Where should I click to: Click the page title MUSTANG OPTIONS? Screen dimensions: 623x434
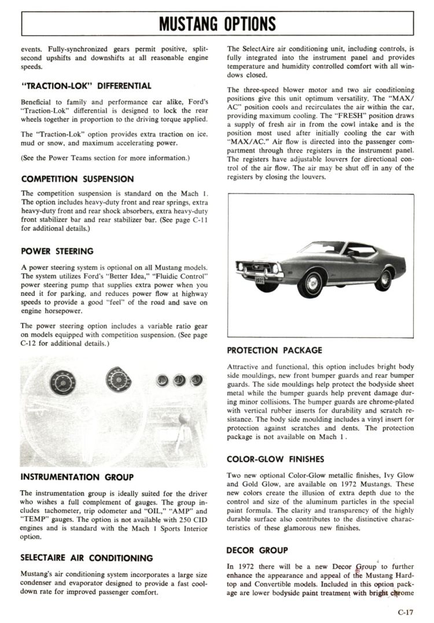point(217,24)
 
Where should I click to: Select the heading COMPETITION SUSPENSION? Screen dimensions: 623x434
point(77,179)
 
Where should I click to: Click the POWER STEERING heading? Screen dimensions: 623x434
point(57,251)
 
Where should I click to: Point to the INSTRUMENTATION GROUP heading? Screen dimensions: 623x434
point(77,477)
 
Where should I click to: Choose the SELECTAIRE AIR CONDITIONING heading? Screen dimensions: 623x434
point(87,558)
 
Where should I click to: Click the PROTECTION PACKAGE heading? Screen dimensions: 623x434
point(274,350)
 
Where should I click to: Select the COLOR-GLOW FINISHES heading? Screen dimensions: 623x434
point(275,459)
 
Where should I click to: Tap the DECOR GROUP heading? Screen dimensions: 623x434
point(257,550)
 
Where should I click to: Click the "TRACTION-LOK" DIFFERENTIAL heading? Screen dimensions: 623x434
point(86,86)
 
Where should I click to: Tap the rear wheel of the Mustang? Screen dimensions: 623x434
point(383,279)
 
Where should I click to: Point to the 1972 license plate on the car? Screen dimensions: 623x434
point(260,280)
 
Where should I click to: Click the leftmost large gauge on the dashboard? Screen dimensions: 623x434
point(62,382)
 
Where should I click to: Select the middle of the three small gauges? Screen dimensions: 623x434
point(179,380)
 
